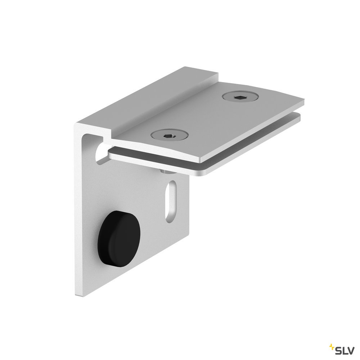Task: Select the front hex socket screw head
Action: pos(169,136)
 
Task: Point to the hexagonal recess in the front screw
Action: pos(170,136)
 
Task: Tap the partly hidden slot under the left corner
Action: pos(101,153)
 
